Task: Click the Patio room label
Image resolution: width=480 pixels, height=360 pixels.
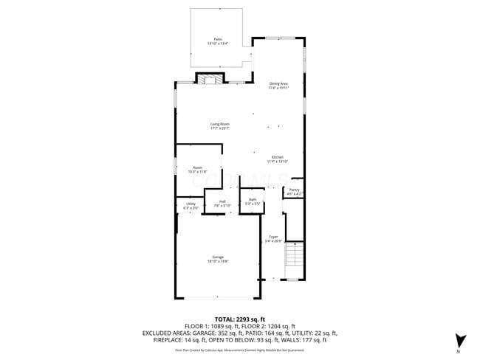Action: tap(218, 39)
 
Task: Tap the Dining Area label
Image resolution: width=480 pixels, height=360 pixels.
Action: tap(278, 83)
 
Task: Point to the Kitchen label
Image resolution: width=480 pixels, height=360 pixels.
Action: tap(277, 157)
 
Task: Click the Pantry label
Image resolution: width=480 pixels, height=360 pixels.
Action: tap(295, 190)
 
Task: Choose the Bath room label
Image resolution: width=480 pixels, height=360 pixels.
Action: tap(253, 200)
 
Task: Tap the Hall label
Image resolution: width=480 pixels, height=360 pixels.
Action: tap(222, 201)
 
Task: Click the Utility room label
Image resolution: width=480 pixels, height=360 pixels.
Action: tap(191, 204)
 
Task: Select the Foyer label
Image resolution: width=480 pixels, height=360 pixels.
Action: tap(273, 237)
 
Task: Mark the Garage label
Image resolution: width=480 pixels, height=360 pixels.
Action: tap(217, 257)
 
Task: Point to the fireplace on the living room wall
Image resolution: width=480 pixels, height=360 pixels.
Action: tap(209, 79)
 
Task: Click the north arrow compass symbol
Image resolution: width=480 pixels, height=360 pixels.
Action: tap(461, 342)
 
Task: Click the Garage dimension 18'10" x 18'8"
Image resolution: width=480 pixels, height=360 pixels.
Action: tap(217, 262)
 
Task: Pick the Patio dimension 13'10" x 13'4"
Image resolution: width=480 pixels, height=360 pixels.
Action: tap(218, 44)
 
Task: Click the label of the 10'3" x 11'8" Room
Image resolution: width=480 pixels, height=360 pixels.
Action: tap(198, 167)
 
